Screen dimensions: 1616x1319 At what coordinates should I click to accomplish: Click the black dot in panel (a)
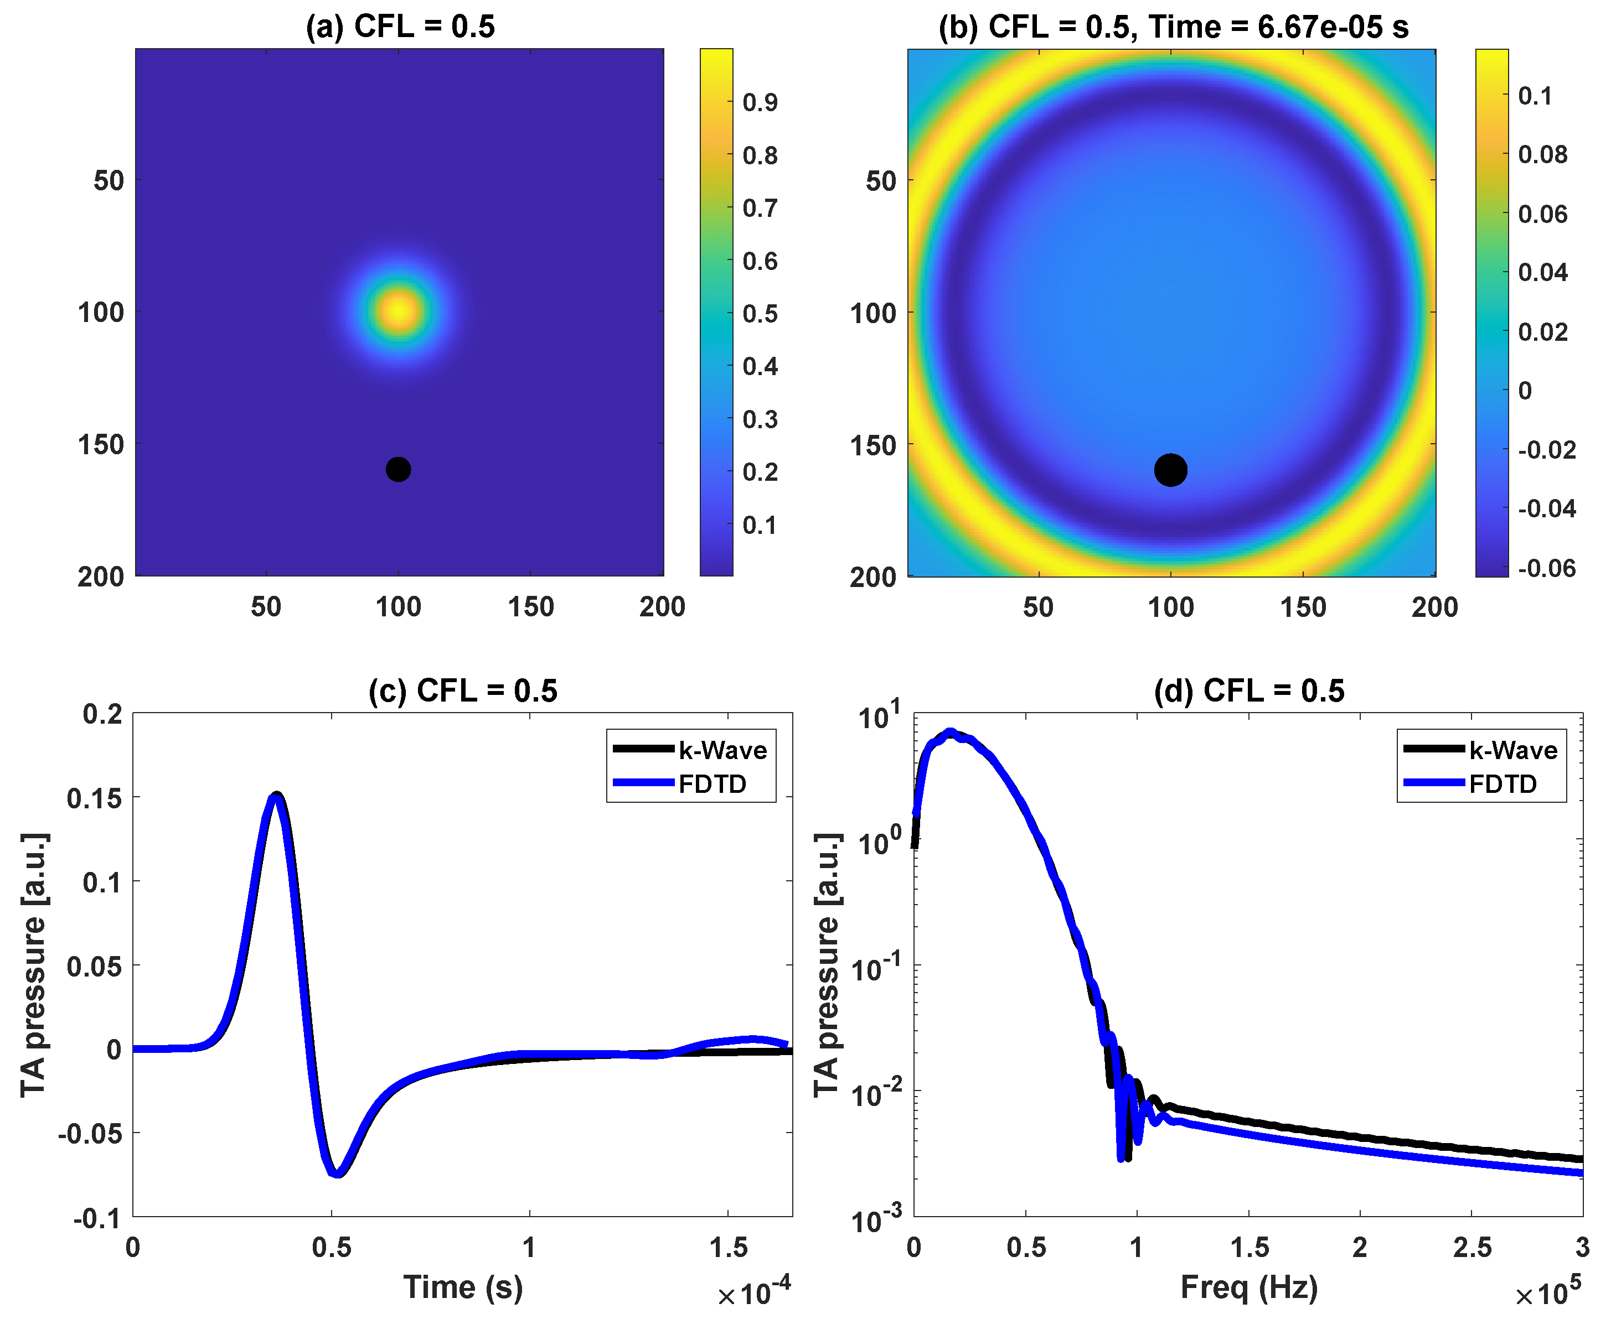(398, 470)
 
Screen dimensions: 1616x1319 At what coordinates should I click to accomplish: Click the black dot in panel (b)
(1170, 470)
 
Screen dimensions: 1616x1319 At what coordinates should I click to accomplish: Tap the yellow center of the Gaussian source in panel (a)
(398, 311)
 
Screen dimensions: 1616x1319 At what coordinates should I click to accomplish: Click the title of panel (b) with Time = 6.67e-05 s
(1174, 27)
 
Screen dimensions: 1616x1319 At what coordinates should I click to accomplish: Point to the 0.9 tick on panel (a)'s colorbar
(760, 102)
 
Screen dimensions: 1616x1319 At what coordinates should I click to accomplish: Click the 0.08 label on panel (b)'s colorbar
(1542, 154)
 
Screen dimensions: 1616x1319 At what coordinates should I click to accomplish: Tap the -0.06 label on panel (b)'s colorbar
(1547, 568)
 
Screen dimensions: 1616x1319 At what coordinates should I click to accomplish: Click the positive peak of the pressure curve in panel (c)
(277, 796)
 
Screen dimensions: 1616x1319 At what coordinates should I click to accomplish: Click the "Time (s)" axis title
(463, 1286)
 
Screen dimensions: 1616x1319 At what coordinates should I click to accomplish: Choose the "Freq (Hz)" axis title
(1249, 1286)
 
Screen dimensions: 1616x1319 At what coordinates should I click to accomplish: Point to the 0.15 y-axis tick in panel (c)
(94, 798)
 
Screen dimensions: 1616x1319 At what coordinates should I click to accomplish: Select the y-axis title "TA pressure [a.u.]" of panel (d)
(827, 965)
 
